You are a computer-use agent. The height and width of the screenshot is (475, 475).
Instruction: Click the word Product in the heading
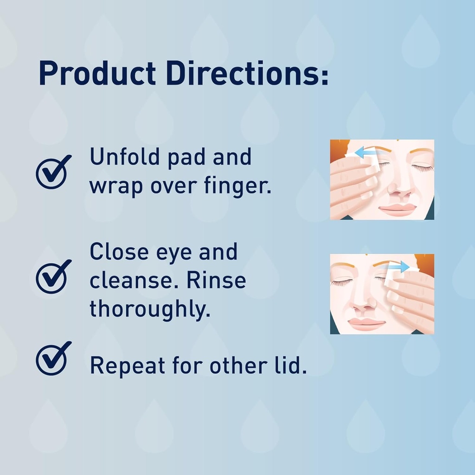97,74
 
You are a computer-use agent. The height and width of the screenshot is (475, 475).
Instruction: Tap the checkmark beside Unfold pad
53,172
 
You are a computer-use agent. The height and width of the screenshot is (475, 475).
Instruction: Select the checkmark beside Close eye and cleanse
53,277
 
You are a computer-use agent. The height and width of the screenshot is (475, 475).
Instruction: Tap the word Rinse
221,280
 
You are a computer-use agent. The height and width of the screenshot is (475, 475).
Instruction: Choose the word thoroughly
150,309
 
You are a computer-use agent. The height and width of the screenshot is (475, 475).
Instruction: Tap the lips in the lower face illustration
366,323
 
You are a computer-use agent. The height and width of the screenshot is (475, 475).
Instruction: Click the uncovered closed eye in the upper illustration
422,167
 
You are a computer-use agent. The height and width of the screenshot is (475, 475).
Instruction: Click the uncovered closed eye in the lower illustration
342,282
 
